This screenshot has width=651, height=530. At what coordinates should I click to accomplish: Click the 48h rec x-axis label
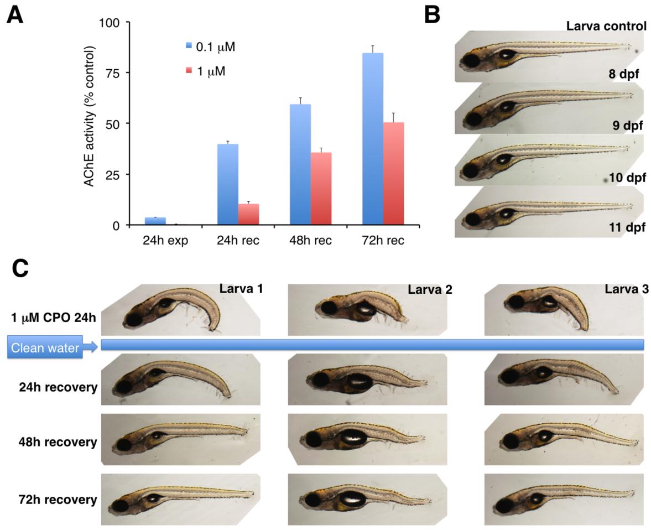(310, 241)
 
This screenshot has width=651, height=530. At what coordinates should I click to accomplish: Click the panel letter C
(20, 269)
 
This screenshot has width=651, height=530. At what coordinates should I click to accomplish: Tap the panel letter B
(432, 15)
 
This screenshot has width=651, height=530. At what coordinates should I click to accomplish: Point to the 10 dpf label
(627, 178)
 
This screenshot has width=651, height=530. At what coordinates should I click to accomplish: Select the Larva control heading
(606, 26)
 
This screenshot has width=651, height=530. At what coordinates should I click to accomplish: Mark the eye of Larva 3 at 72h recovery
(506, 506)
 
